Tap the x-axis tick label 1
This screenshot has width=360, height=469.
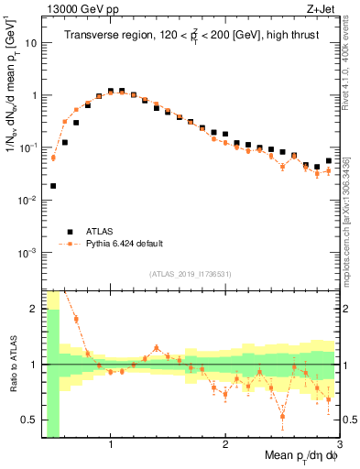pos(111,444)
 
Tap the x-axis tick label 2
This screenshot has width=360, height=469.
pos(225,444)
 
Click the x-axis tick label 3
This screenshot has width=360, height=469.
pos(339,444)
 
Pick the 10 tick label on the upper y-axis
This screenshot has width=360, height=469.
pos(32,43)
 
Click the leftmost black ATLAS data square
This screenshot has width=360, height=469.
pos(53,186)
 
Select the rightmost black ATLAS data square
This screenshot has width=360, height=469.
pos(329,161)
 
